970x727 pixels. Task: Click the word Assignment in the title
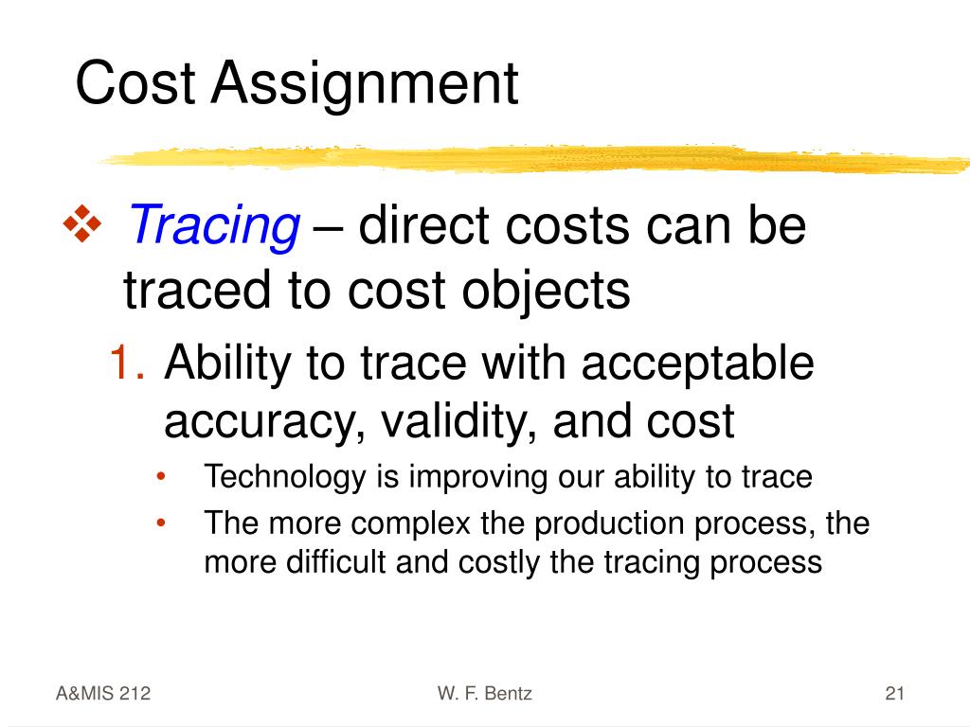[x=364, y=83]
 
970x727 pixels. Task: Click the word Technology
[x=283, y=477]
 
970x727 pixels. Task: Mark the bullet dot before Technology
[x=163, y=477]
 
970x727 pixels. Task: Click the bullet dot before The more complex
[x=163, y=523]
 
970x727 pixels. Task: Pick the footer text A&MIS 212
[x=102, y=694]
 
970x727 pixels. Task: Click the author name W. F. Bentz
[x=485, y=694]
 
